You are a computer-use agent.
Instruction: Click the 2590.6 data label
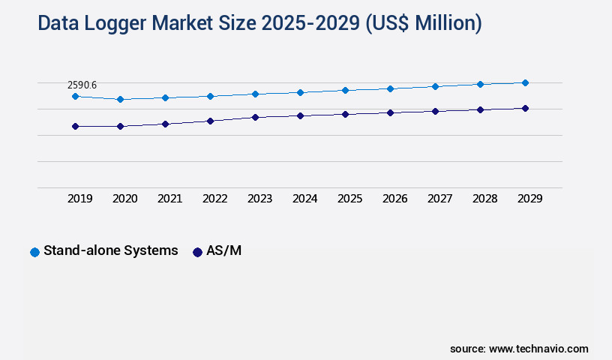[x=82, y=85]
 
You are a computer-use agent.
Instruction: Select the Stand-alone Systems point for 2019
[x=75, y=96]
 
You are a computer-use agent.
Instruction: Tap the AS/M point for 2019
[x=75, y=127]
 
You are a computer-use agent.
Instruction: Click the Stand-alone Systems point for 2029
[x=525, y=82]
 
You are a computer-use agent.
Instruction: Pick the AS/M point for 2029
[x=525, y=108]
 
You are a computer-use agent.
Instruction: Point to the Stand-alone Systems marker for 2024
[x=300, y=92]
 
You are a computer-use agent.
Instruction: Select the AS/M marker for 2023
[x=255, y=117]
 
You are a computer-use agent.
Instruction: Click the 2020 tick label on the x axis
[x=124, y=199]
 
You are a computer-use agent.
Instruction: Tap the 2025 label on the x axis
[x=349, y=199]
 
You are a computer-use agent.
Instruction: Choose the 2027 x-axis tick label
[x=439, y=199]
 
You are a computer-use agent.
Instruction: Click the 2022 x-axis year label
[x=214, y=199]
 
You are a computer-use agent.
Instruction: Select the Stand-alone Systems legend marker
[x=34, y=252]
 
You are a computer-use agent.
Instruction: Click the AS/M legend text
[x=223, y=250]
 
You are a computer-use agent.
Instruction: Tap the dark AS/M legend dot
[x=197, y=252]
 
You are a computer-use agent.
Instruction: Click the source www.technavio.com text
[x=519, y=349]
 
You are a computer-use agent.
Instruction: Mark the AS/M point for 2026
[x=390, y=112]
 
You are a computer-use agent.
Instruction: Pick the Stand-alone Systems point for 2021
[x=165, y=97]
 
